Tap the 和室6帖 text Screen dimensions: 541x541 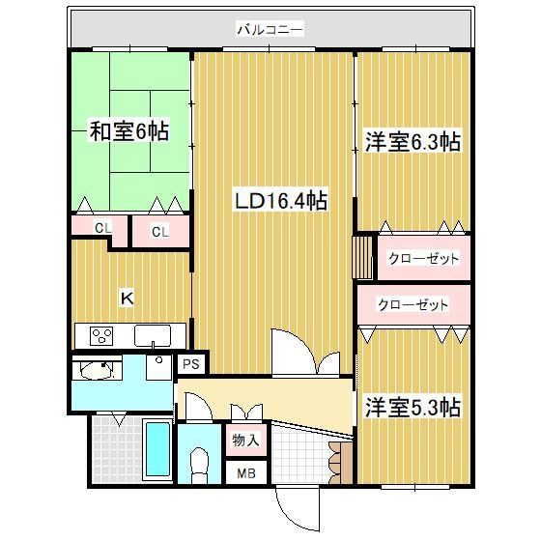pos(129,130)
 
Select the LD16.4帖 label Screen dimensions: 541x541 pos(280,201)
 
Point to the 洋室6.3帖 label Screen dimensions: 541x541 pos(413,142)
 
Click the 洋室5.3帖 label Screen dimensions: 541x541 pos(413,408)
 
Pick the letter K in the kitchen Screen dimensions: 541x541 pos(126,299)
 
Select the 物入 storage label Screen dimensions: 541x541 pos(245,441)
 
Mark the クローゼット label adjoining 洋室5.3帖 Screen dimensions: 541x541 pos(413,305)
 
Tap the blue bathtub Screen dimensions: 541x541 pos(156,451)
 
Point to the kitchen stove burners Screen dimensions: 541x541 pos(101,335)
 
